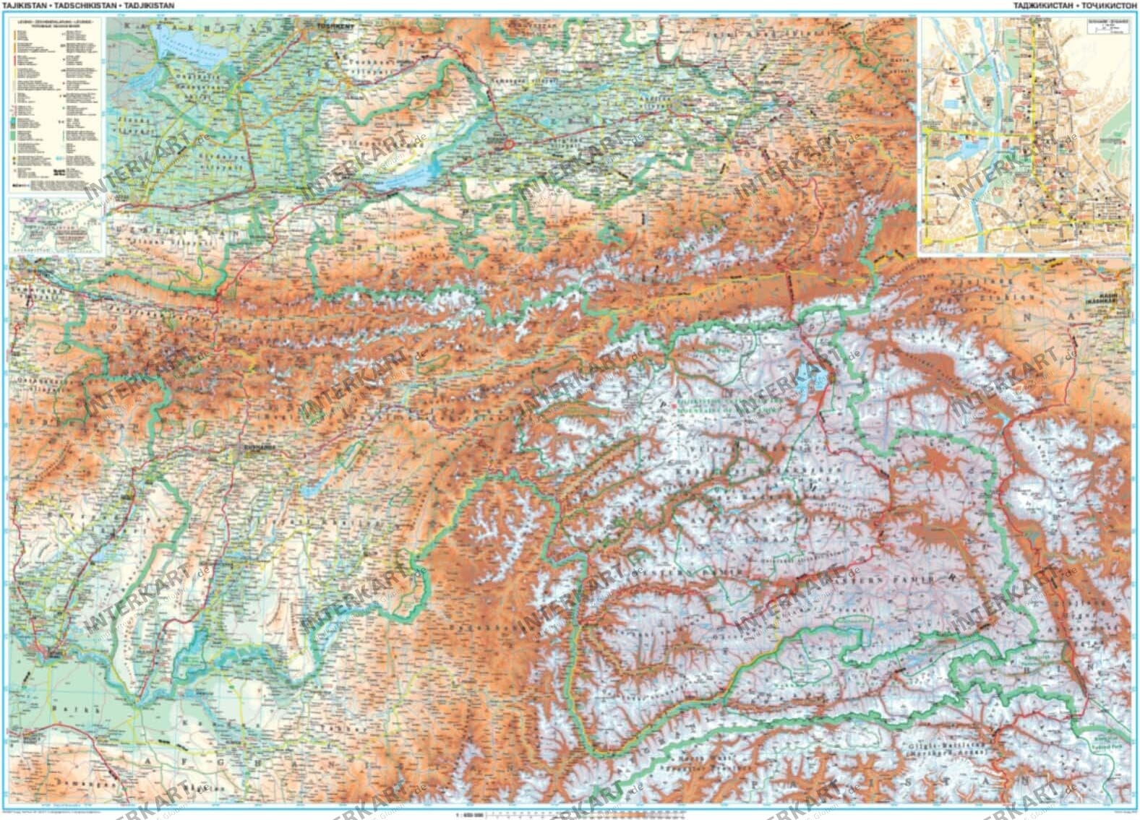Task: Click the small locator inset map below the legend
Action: tap(55, 227)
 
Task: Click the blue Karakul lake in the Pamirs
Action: tap(809, 376)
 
